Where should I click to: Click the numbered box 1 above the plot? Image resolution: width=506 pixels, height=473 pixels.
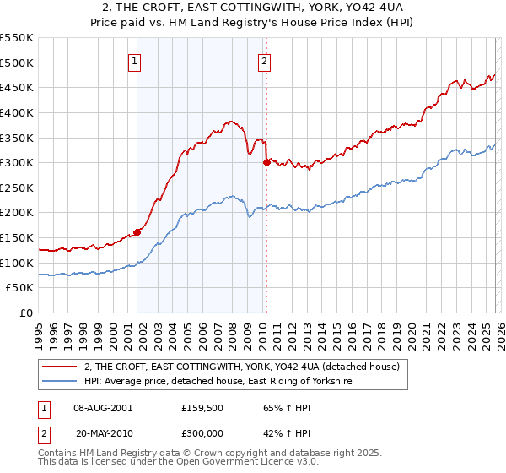pos(136,60)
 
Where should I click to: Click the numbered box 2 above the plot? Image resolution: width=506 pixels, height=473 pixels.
pos(265,60)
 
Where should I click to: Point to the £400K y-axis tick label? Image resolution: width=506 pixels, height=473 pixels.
pos(17,112)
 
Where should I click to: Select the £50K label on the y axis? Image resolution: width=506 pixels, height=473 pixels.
pos(20,288)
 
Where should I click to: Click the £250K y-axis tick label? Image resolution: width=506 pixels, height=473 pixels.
pos(17,188)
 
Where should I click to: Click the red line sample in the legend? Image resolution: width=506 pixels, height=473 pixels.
pos(60,367)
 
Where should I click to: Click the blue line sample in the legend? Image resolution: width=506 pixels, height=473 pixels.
pos(60,382)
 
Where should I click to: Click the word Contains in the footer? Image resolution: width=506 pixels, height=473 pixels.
pos(58,454)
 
